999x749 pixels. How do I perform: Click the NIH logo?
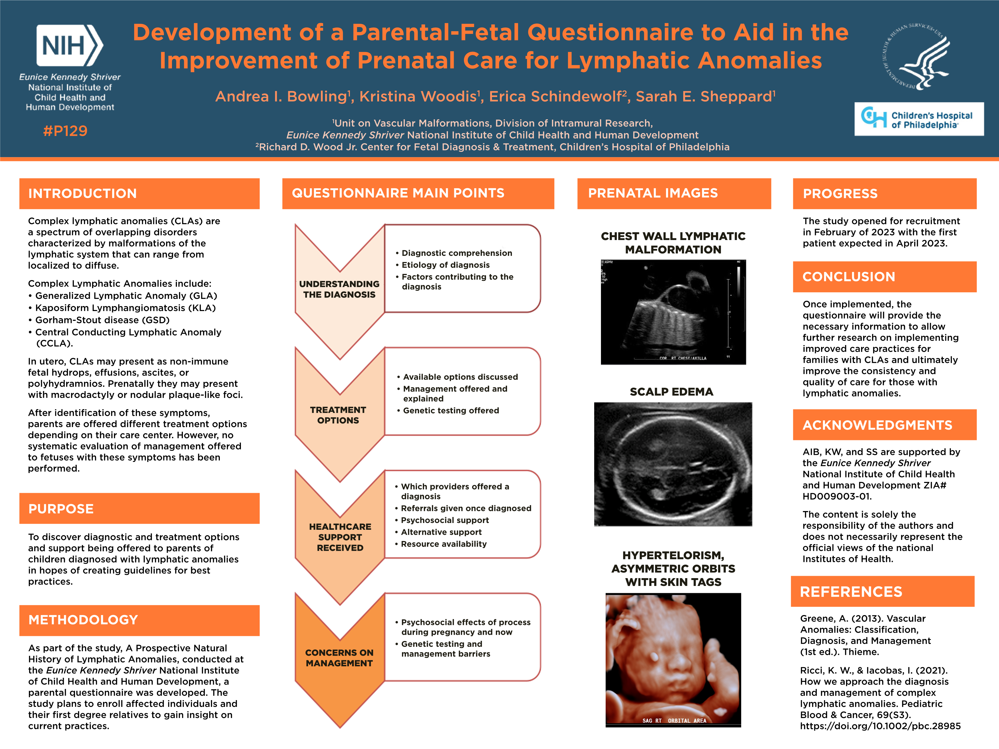(69, 46)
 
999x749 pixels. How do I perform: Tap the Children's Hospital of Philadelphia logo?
(919, 119)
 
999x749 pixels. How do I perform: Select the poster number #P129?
(65, 131)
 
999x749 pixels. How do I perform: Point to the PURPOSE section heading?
(61, 509)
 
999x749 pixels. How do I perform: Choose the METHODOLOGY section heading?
(83, 620)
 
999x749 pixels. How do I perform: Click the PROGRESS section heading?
(840, 194)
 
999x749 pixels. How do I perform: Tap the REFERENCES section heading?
(851, 591)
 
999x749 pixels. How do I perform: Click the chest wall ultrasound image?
(673, 312)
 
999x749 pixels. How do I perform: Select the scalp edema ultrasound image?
(673, 464)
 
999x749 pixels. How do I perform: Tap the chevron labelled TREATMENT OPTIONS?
(338, 415)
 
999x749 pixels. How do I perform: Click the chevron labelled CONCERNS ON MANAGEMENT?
(339, 657)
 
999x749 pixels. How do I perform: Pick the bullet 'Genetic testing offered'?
(451, 410)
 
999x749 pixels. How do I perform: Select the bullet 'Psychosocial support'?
(445, 520)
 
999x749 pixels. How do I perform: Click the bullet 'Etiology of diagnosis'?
(445, 265)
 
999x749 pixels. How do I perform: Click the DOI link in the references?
(880, 726)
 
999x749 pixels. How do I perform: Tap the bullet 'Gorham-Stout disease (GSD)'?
(102, 320)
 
